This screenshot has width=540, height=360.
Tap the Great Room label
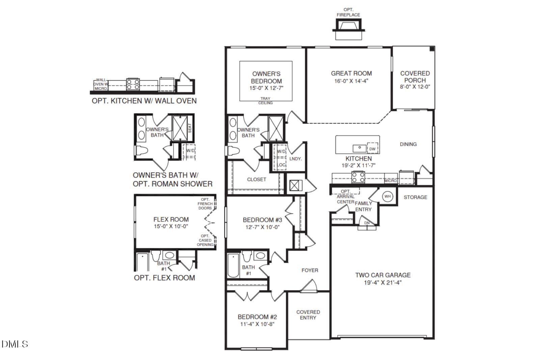(x=351, y=73)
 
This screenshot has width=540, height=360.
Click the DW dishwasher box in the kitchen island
(x=372, y=148)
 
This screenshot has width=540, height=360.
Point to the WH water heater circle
(x=387, y=196)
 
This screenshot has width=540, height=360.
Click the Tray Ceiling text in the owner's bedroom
(x=265, y=101)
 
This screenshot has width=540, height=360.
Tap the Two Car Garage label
(x=383, y=275)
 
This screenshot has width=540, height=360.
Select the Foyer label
(x=309, y=270)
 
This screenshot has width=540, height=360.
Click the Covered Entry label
(x=308, y=315)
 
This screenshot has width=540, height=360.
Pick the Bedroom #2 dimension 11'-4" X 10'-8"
(x=257, y=324)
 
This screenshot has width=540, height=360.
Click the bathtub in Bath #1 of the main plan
(x=233, y=265)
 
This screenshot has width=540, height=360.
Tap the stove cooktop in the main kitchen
(x=358, y=177)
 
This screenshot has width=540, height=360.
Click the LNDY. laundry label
(x=296, y=159)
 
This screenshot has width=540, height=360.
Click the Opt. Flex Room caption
(x=164, y=278)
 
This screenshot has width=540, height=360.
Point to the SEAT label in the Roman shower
(x=190, y=128)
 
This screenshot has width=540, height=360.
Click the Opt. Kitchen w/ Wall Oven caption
(x=144, y=101)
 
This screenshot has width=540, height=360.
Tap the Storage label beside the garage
(x=415, y=197)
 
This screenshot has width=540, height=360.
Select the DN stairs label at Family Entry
(x=367, y=223)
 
